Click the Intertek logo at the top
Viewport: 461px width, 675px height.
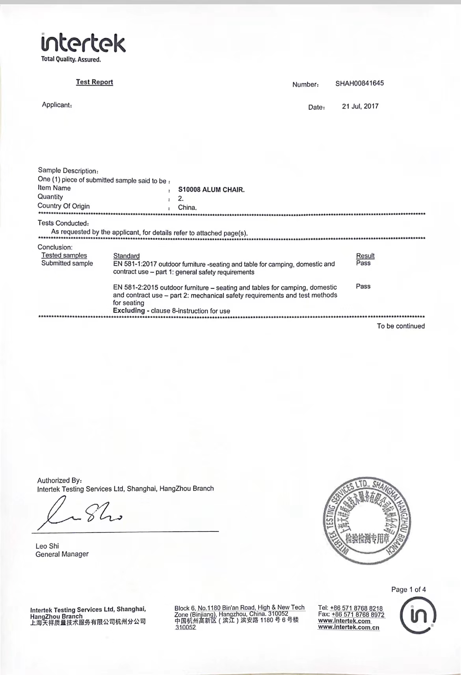point(83,44)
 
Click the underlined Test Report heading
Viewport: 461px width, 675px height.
point(95,82)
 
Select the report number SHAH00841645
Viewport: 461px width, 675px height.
point(359,83)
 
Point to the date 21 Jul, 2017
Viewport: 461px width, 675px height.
point(360,106)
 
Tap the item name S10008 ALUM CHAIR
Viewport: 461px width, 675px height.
point(211,190)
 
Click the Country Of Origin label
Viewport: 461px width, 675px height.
point(63,206)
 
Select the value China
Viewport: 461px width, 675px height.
point(187,208)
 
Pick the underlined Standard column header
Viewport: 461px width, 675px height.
point(126,256)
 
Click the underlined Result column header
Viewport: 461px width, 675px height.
point(365,256)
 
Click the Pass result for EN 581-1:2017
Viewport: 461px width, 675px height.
point(363,263)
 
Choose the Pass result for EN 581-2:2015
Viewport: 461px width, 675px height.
point(363,286)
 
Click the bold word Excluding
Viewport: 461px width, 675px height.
point(129,310)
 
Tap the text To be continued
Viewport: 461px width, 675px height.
point(401,326)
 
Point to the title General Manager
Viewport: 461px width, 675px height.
point(62,554)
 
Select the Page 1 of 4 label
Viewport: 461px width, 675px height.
point(408,589)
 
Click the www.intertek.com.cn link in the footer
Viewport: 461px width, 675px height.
point(349,627)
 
